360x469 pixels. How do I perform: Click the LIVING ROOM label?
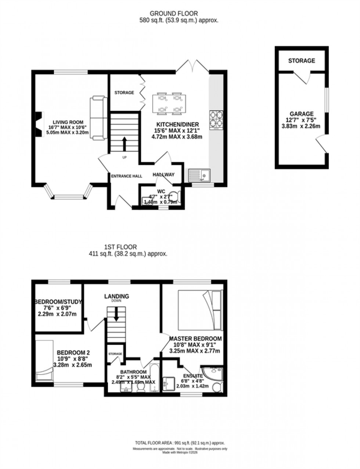(68, 122)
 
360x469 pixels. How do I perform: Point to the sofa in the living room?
(98, 118)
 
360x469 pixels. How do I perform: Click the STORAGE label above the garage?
(301, 61)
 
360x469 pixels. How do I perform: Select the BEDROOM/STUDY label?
(58, 302)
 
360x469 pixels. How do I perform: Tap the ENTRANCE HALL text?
(127, 176)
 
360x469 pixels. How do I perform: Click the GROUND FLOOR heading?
(179, 14)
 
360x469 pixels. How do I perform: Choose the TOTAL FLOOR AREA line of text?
(180, 443)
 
